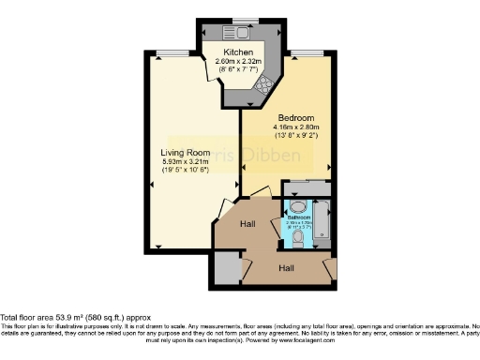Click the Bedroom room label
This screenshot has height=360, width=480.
(x=295, y=117)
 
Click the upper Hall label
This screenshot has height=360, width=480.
(x=247, y=224)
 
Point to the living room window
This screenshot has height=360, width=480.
(x=169, y=50)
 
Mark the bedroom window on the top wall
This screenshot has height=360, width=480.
(x=303, y=50)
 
